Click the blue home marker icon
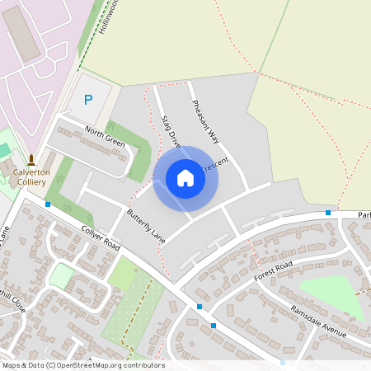[x=185, y=178]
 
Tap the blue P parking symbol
[x=89, y=100]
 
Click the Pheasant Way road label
[x=205, y=121]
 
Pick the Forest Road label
[x=274, y=270]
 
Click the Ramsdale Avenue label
[x=317, y=318]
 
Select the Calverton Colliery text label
[x=31, y=177]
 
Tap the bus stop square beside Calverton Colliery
[x=48, y=204]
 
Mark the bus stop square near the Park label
[x=328, y=213]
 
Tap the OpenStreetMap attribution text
[x=82, y=365]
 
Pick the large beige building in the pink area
[x=22, y=36]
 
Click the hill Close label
[x=12, y=300]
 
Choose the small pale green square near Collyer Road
[x=61, y=275]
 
